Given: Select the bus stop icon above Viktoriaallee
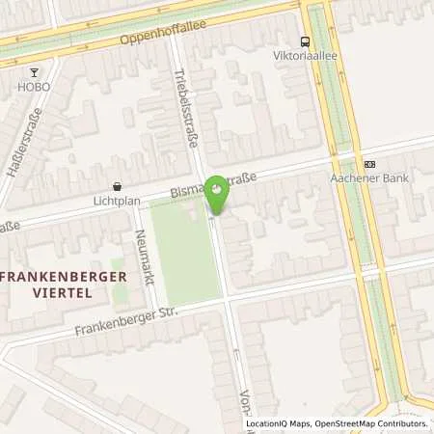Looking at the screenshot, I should pos(306,41).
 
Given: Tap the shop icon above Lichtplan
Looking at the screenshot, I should pos(118,187).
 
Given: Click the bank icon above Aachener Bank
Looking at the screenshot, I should pos(369,165).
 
